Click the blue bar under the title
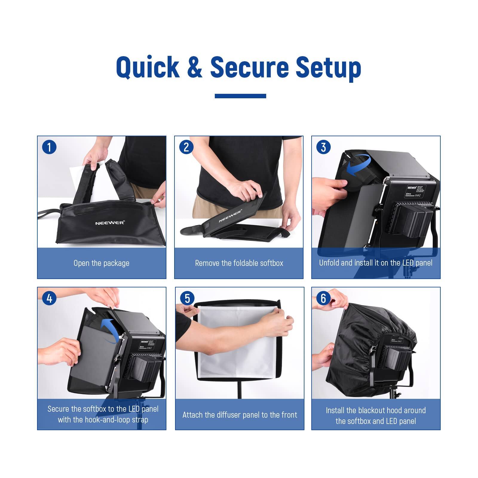pyautogui.click(x=240, y=96)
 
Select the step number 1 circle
pyautogui.click(x=49, y=147)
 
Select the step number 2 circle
pyautogui.click(x=186, y=147)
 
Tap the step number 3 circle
pyautogui.click(x=324, y=147)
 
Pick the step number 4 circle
pyautogui.click(x=49, y=298)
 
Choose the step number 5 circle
pyautogui.click(x=187, y=298)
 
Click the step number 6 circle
pyautogui.click(x=324, y=298)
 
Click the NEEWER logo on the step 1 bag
pyautogui.click(x=110, y=223)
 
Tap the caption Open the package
pyautogui.click(x=102, y=263)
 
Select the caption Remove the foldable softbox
pyautogui.click(x=239, y=263)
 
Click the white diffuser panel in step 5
pyautogui.click(x=239, y=344)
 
